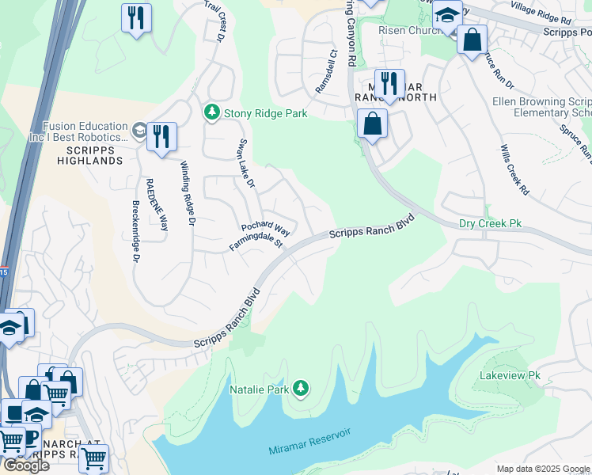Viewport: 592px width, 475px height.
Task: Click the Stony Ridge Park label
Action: coord(265,113)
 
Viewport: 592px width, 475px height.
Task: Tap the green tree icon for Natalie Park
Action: coord(300,388)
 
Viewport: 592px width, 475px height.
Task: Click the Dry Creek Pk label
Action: coord(490,224)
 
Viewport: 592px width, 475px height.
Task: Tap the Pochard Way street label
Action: coord(265,230)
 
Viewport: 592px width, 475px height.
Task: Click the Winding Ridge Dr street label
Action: coord(186,194)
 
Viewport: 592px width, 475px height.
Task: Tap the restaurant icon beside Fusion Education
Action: coord(161,136)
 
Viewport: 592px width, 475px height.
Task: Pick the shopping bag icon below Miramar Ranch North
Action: coord(372,123)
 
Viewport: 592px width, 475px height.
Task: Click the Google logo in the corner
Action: coord(25,465)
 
